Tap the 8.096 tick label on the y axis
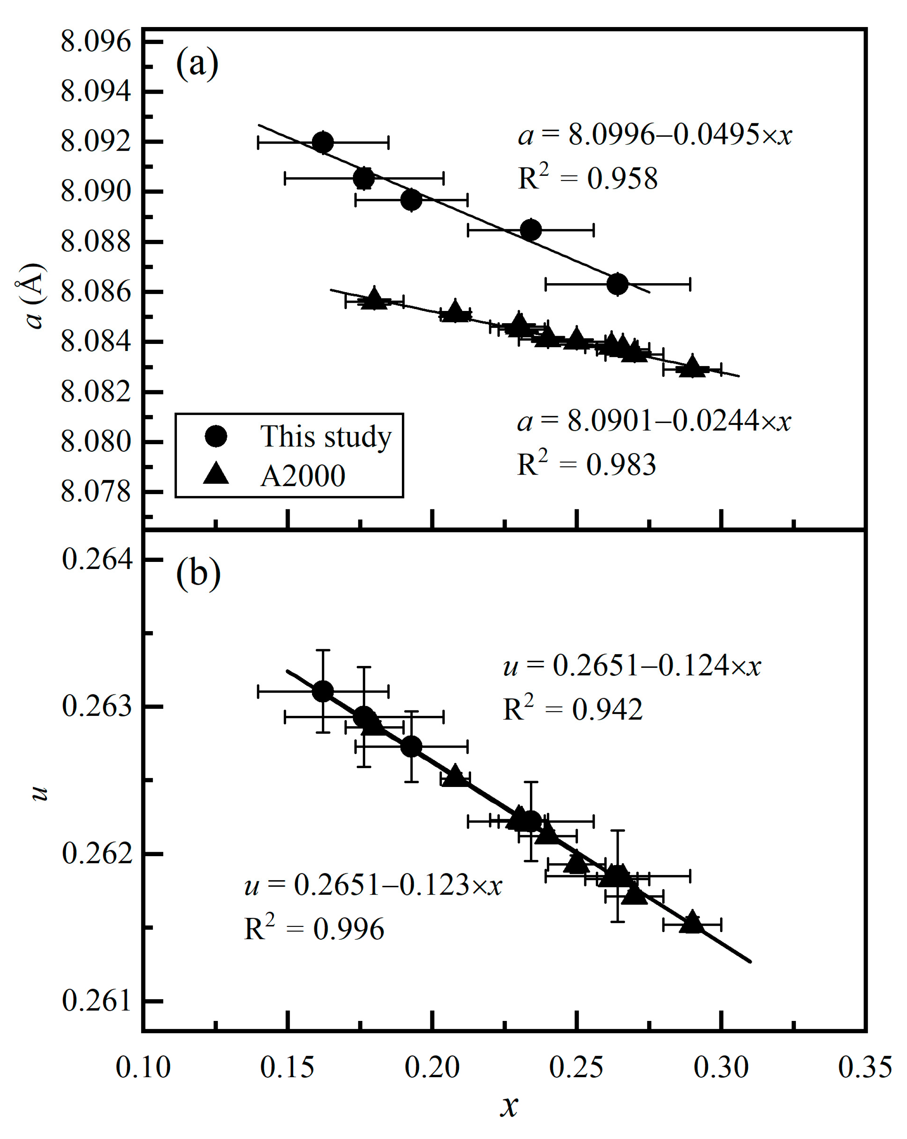95,42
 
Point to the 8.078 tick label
95,492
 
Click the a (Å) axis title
33,297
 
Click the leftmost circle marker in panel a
323,142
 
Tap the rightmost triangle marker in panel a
692,366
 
